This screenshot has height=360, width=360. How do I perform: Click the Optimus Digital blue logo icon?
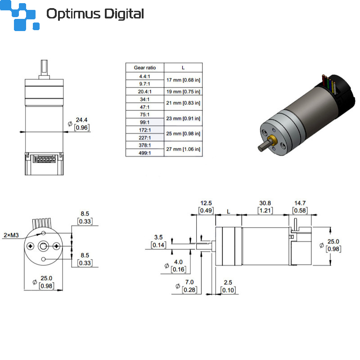tap(19, 15)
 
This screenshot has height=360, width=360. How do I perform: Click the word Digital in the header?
tap(124, 14)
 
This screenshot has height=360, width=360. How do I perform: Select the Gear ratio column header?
tap(145, 68)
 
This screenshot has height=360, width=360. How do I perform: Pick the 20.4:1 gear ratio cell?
tap(145, 92)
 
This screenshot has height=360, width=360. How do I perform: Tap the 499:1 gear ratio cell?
tap(145, 153)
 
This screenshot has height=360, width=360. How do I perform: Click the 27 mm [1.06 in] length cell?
tap(183, 149)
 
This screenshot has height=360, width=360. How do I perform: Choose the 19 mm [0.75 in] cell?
tap(183, 92)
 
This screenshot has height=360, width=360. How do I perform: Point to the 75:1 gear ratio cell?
tap(145, 115)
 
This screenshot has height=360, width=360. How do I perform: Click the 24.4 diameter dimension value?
tap(82, 120)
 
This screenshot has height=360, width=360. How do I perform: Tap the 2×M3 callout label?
tap(11, 235)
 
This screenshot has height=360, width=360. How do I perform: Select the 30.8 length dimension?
tap(265, 203)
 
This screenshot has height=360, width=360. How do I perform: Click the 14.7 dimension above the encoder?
tap(300, 203)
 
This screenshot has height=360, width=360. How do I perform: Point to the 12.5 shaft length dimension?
tap(206, 203)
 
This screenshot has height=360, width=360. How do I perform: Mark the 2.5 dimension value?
tap(228, 283)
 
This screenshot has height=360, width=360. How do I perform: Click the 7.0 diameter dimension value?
tap(189, 282)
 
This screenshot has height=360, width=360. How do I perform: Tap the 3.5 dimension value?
tap(158, 238)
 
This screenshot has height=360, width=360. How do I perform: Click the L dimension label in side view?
tap(229, 211)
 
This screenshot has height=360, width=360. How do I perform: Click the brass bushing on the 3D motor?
tap(273, 140)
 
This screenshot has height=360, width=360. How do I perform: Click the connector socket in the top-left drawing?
tap(45, 159)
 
